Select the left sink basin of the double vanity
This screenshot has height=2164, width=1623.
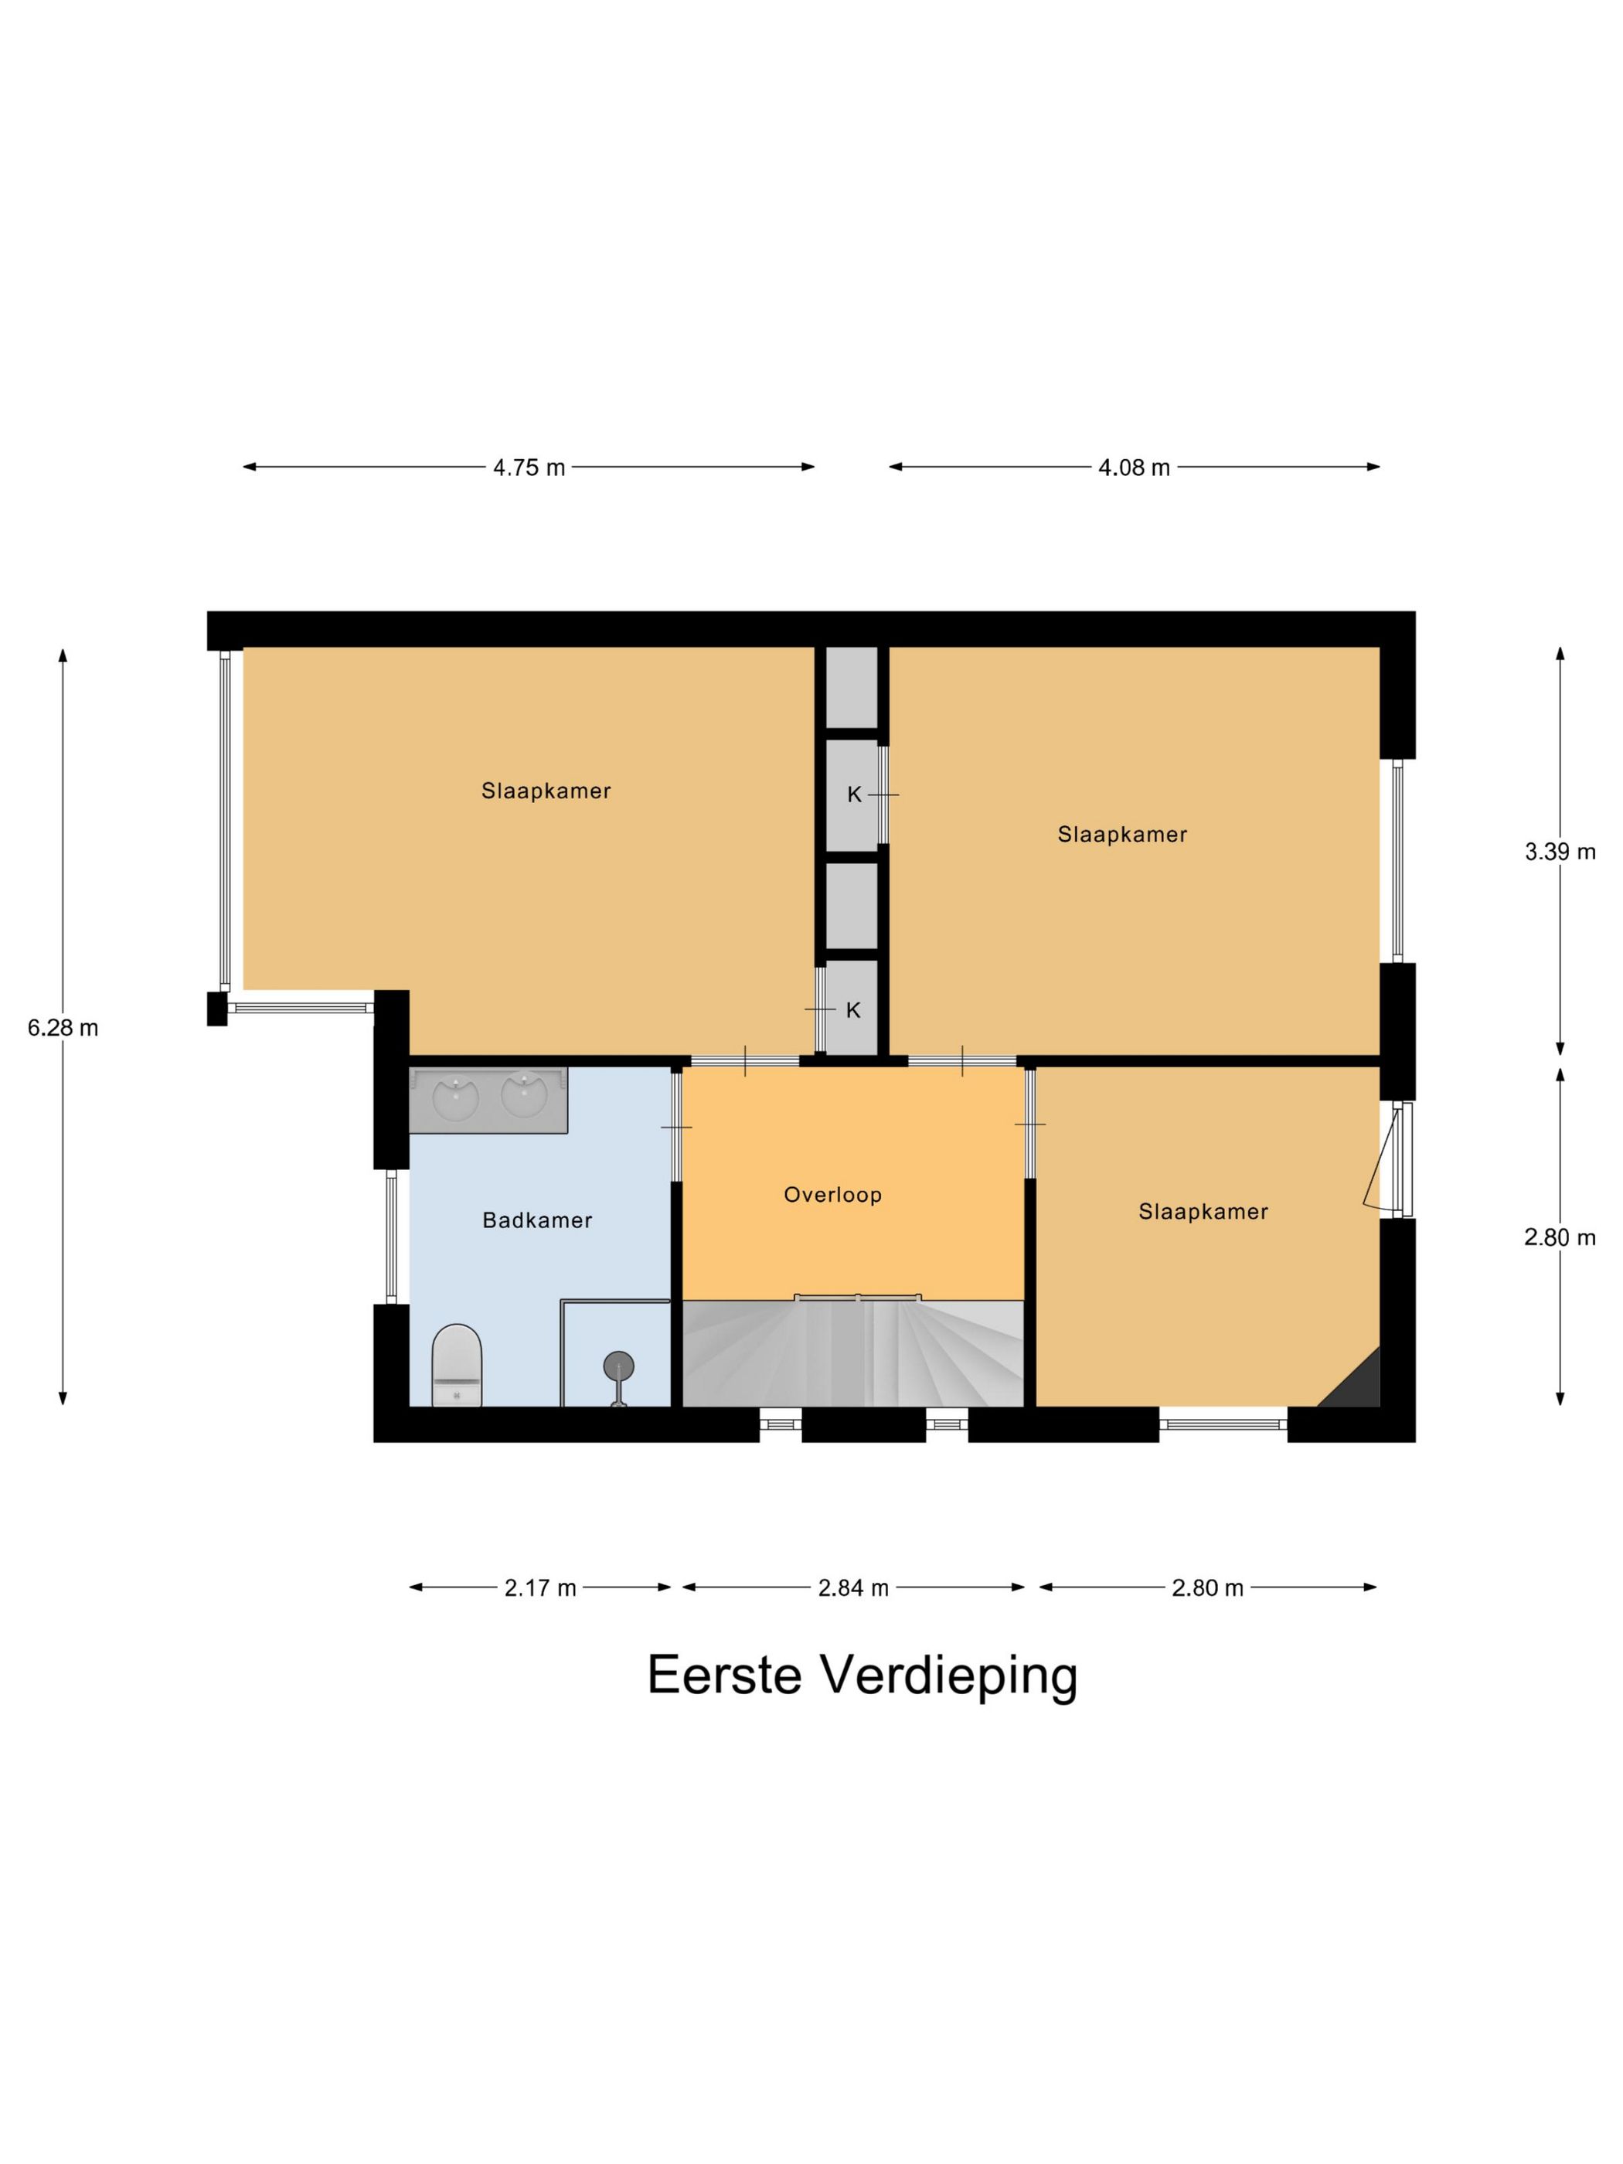tap(455, 1097)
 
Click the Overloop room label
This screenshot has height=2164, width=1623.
tap(832, 1195)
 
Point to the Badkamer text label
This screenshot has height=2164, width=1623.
tap(537, 1220)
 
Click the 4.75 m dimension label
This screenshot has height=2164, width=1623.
tap(529, 468)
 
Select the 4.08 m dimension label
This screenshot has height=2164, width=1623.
tap(1134, 468)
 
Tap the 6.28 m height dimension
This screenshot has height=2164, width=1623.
tap(63, 1028)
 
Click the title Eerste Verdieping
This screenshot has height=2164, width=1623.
tap(861, 1675)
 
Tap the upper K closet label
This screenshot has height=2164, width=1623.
tap(854, 795)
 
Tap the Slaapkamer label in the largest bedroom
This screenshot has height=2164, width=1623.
tap(546, 791)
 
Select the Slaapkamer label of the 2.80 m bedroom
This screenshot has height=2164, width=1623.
tap(1203, 1211)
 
